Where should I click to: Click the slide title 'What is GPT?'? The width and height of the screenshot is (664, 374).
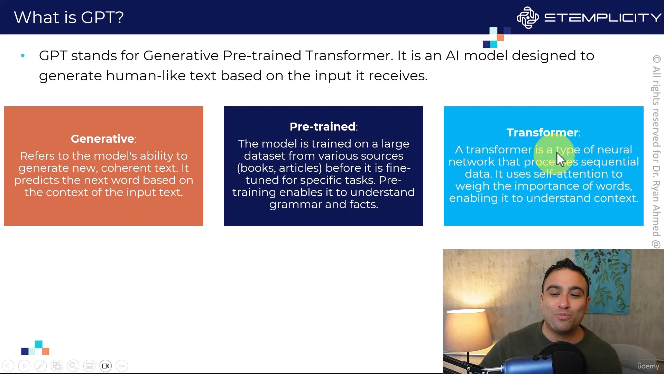click(x=69, y=17)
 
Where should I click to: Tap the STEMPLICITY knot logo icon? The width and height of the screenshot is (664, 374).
click(x=527, y=17)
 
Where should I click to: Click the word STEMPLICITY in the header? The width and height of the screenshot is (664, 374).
click(x=603, y=17)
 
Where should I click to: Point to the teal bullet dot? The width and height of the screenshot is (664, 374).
click(x=23, y=55)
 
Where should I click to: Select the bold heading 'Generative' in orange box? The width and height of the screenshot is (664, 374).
click(x=102, y=139)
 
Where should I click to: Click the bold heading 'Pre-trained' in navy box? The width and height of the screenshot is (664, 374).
click(x=322, y=127)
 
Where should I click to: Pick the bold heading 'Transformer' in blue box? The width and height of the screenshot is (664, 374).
click(x=542, y=133)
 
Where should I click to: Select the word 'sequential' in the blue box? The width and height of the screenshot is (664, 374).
click(x=610, y=162)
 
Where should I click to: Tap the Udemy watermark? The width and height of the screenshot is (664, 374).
click(x=648, y=366)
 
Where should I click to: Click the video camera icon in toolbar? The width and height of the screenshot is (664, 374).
click(x=106, y=366)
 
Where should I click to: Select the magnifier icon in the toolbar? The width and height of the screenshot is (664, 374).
click(x=73, y=366)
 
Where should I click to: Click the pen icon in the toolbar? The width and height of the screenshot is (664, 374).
click(x=40, y=366)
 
